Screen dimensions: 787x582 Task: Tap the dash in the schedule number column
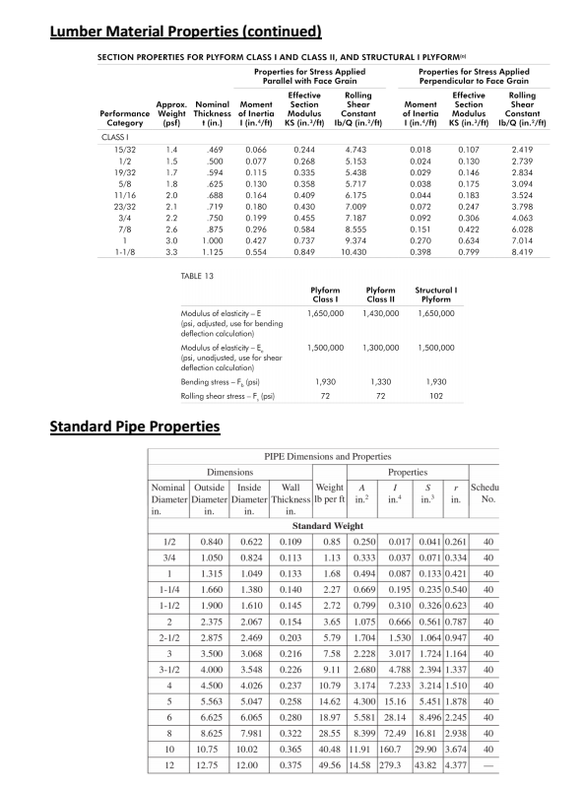point(487,765)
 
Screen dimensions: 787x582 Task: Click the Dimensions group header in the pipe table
point(227,472)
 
